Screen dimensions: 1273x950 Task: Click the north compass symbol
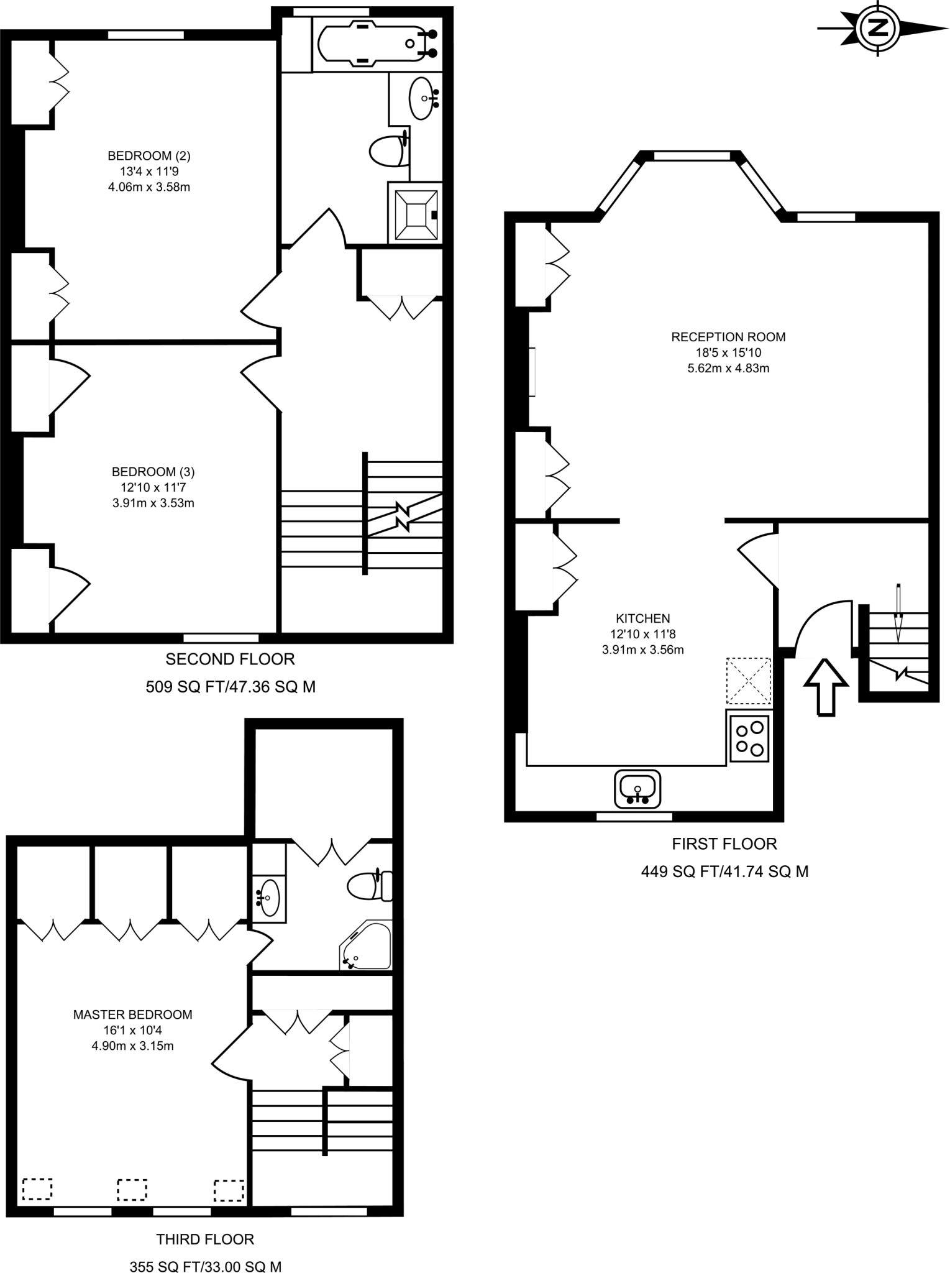click(x=878, y=28)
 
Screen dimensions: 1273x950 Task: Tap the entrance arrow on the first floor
click(x=826, y=686)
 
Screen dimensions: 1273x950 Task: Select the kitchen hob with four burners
click(x=749, y=738)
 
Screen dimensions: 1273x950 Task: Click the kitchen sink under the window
click(x=637, y=789)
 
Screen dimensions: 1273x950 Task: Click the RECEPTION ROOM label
click(x=728, y=337)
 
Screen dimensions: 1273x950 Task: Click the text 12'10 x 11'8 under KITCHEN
click(x=642, y=634)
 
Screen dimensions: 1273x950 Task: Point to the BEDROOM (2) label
click(x=149, y=155)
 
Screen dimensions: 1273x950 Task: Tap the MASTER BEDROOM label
click(x=132, y=1014)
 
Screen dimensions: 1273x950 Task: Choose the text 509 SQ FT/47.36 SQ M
click(x=231, y=686)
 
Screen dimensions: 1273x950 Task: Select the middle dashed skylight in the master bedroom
click(x=132, y=1190)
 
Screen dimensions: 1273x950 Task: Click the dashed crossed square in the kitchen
click(x=748, y=680)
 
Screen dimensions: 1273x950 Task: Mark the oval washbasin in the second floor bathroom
click(x=422, y=97)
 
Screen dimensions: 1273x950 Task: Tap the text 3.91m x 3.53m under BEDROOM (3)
click(x=153, y=503)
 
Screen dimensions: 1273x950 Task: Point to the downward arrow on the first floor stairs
click(x=898, y=613)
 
